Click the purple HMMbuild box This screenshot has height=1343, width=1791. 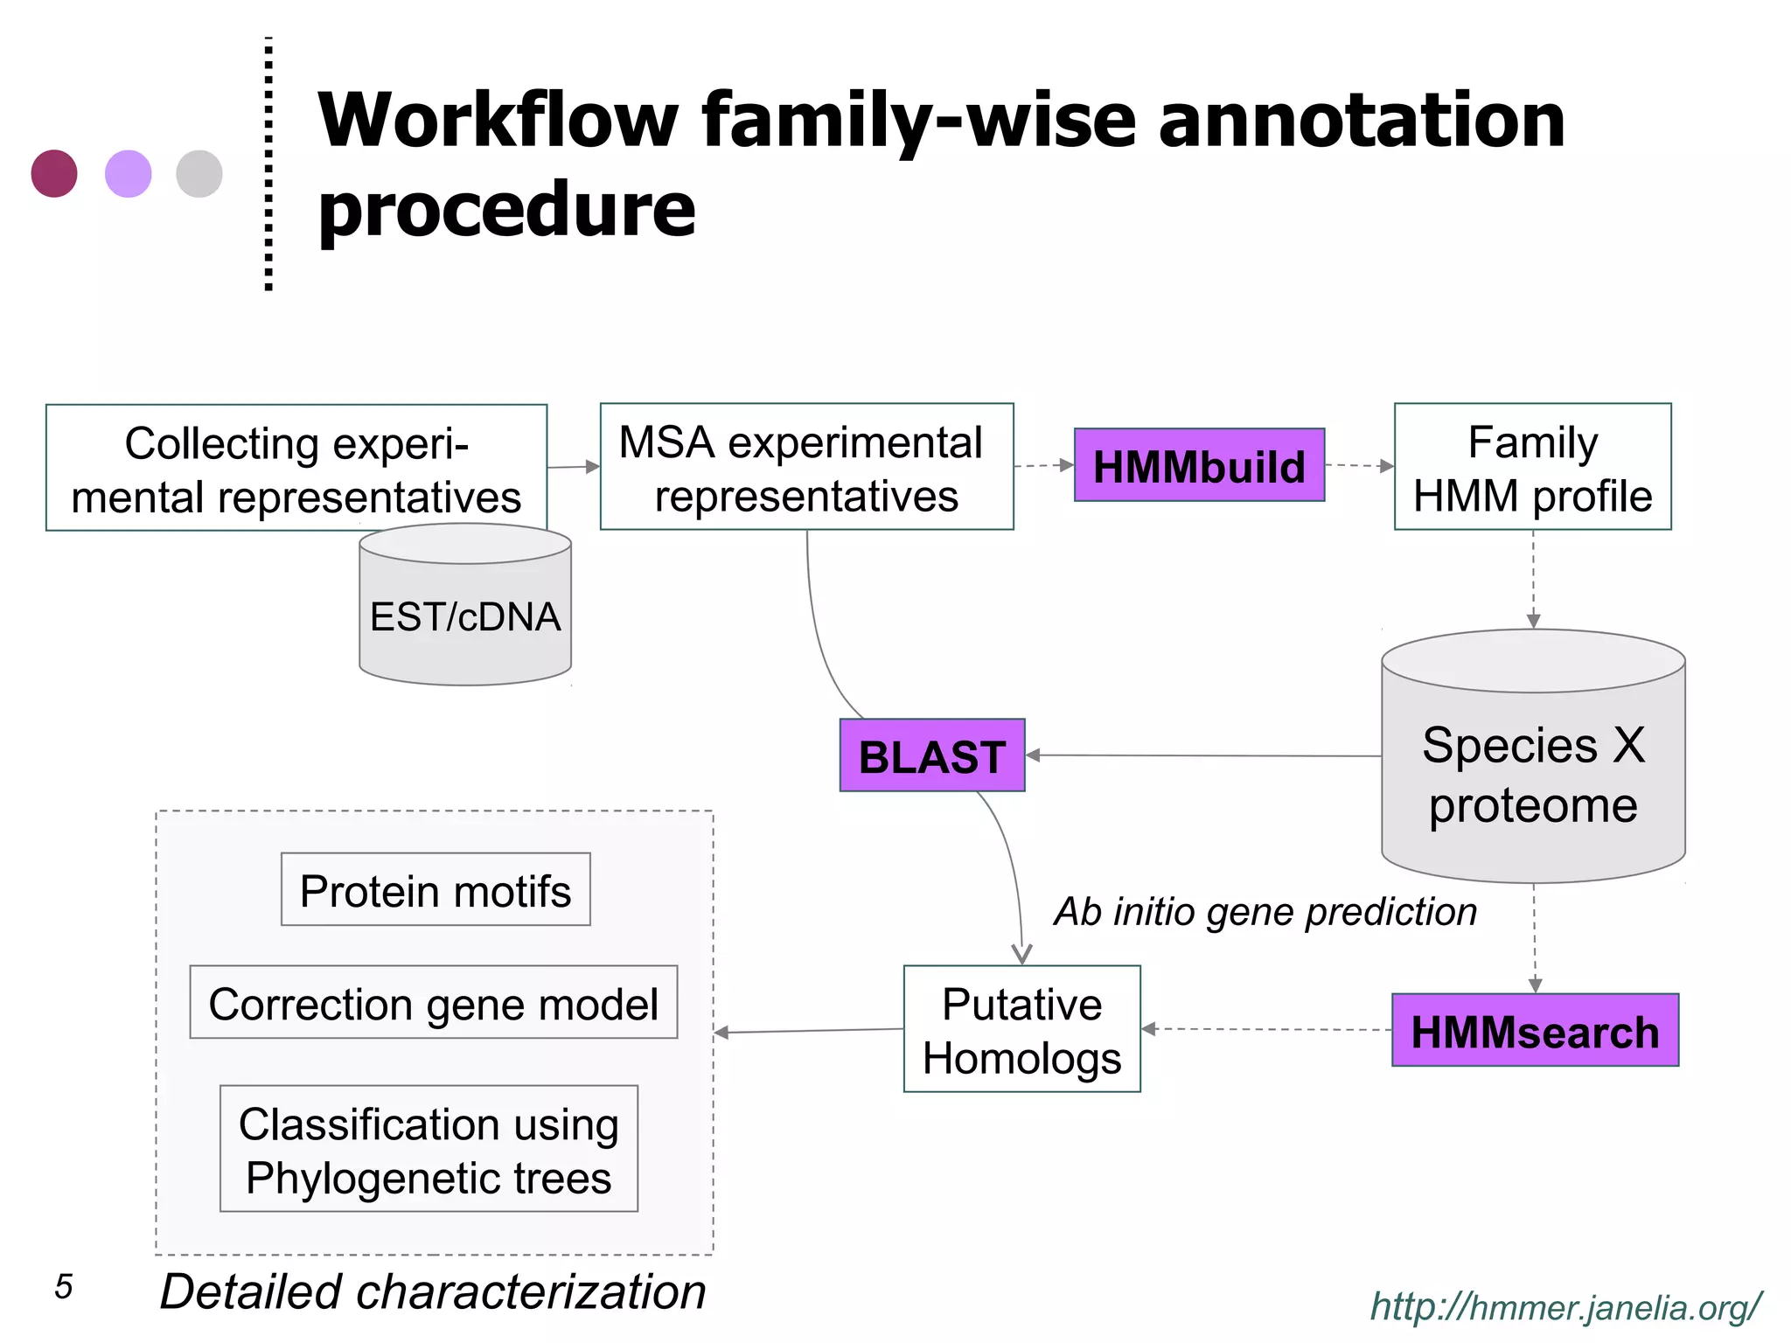pos(1199,465)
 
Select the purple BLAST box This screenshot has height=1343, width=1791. pos(931,755)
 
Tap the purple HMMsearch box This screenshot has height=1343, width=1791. pos(1535,1031)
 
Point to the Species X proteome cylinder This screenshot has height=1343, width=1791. pos(1533,769)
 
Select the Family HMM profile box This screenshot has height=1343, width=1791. pos(1532,467)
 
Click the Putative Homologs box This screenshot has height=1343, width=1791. pos(1021,1029)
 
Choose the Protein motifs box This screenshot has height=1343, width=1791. pos(436,890)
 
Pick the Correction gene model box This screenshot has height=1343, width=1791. pos(434,1003)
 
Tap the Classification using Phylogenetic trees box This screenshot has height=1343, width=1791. pos(429,1149)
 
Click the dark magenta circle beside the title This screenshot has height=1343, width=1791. pos(54,173)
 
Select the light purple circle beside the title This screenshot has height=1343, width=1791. pos(129,173)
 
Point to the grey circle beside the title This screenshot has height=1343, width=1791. pos(199,173)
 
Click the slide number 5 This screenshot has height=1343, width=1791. pos(63,1287)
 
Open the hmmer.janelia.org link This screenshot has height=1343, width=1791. pos(1565,1307)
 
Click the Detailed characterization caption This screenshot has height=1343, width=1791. pos(433,1291)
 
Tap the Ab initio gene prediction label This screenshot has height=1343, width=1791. pos(1265,912)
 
